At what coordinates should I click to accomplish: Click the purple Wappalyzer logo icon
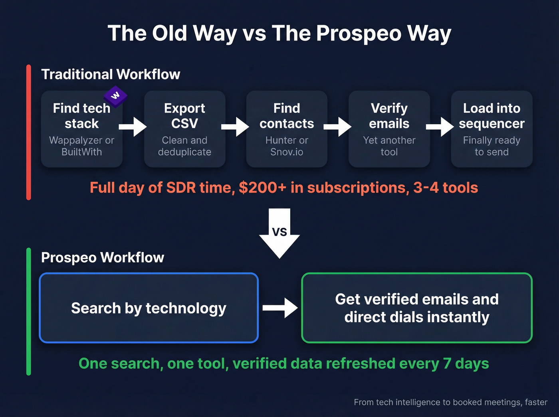(x=115, y=96)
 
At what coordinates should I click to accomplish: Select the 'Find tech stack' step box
(x=81, y=129)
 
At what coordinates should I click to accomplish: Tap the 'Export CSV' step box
(x=184, y=129)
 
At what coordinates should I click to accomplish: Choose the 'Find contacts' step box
(x=287, y=129)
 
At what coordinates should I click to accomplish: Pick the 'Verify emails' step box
(x=389, y=129)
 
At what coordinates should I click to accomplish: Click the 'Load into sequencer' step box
(x=492, y=129)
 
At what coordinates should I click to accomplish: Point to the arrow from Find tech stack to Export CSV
(x=133, y=126)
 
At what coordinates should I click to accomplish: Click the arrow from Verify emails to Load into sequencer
(x=440, y=126)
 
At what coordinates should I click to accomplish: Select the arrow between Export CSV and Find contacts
(x=235, y=126)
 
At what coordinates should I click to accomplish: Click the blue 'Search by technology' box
(x=149, y=308)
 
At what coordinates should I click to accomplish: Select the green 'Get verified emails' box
(x=417, y=308)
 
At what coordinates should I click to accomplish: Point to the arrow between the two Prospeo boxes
(x=280, y=308)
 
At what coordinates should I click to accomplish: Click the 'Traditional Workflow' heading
(x=111, y=74)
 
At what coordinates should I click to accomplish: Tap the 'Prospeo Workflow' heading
(x=103, y=257)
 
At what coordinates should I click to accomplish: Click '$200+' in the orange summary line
(x=262, y=188)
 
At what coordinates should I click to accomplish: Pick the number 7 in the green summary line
(x=447, y=364)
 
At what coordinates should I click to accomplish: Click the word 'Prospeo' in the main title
(x=359, y=33)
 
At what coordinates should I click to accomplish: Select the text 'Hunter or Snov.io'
(x=287, y=146)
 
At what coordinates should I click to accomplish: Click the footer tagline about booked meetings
(x=450, y=402)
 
